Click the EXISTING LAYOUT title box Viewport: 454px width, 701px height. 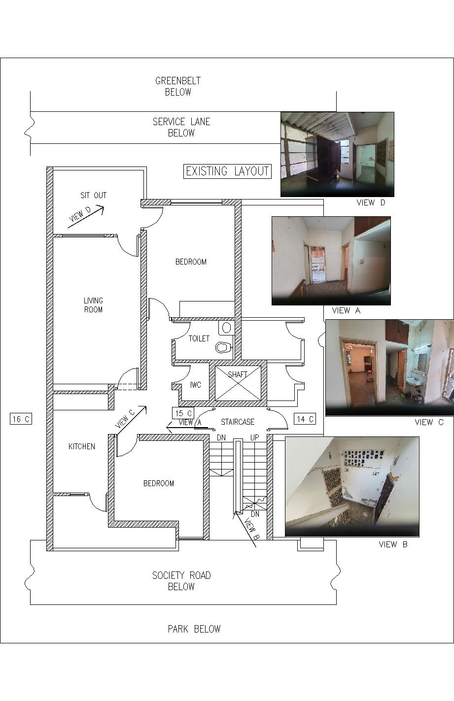click(x=227, y=171)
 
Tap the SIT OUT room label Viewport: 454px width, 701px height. click(x=93, y=195)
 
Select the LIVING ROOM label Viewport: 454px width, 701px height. click(x=93, y=305)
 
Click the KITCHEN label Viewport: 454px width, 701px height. click(x=82, y=446)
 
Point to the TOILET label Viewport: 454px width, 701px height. click(x=199, y=338)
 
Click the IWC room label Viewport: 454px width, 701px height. click(x=195, y=385)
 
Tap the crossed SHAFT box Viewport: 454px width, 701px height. click(x=238, y=383)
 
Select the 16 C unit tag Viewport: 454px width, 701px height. click(x=21, y=419)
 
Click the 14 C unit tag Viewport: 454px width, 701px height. click(x=305, y=419)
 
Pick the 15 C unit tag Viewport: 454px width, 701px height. click(x=183, y=413)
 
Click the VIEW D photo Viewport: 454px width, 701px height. click(x=337, y=154)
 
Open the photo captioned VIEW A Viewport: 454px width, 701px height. click(x=331, y=261)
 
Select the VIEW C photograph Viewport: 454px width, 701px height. click(x=390, y=368)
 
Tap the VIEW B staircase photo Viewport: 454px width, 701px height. click(x=352, y=487)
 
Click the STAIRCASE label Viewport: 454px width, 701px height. click(x=238, y=422)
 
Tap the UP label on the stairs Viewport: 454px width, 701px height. click(x=254, y=437)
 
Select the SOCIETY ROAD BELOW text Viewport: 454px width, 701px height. click(x=181, y=581)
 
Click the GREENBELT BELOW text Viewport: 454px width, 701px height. click(x=178, y=86)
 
